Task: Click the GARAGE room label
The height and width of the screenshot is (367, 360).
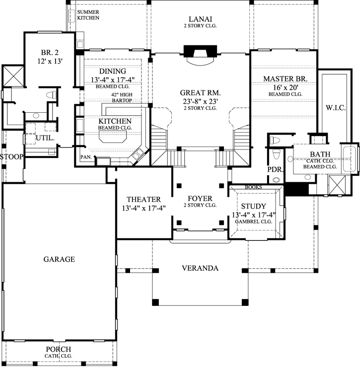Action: [x=59, y=259]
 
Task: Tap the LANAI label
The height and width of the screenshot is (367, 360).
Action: [x=200, y=17]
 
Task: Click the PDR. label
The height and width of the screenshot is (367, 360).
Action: [x=275, y=170]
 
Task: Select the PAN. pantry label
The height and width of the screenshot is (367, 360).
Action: [x=85, y=157]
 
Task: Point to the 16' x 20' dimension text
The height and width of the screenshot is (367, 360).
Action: [x=285, y=86]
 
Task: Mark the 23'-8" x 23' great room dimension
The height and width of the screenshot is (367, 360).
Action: [x=200, y=101]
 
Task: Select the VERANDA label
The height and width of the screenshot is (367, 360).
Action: [x=200, y=268]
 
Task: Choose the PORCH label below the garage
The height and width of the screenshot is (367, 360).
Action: [x=59, y=349]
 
